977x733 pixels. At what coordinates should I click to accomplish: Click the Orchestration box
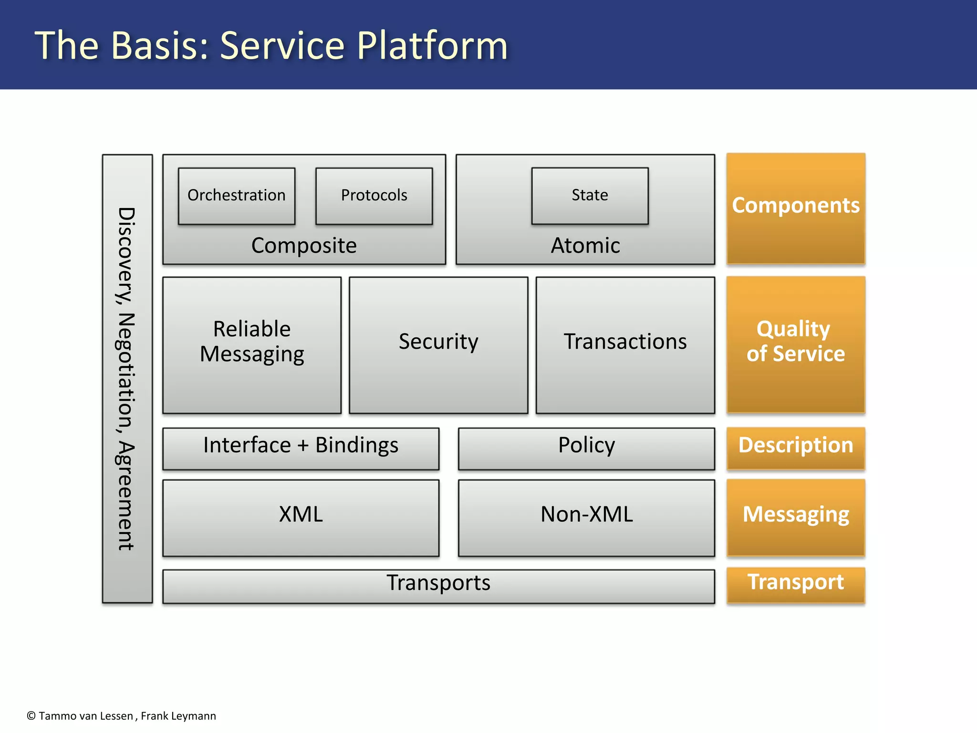coord(237,196)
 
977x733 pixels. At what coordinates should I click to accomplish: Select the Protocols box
coord(374,196)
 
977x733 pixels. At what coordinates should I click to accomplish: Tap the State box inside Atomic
coord(590,195)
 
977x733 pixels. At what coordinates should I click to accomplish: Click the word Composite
coord(304,246)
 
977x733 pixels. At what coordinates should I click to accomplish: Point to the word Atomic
coord(585,246)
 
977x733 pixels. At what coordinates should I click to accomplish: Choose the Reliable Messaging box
coord(252,345)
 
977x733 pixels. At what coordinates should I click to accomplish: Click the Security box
coord(438,345)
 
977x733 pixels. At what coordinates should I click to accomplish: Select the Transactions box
coord(625,345)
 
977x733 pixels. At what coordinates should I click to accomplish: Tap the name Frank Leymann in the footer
coord(178,716)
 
